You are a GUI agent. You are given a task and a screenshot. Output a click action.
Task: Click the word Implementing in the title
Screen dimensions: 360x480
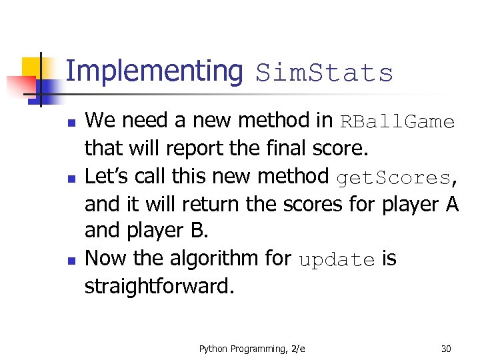click(155, 71)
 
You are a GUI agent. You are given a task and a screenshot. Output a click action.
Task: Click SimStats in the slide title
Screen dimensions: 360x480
click(325, 73)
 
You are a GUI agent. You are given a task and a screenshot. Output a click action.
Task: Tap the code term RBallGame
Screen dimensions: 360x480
click(397, 122)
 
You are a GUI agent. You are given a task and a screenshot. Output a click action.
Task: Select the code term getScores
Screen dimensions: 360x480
click(393, 178)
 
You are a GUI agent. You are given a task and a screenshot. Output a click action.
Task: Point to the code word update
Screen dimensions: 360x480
click(337, 260)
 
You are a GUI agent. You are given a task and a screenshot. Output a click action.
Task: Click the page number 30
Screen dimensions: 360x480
click(446, 349)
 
